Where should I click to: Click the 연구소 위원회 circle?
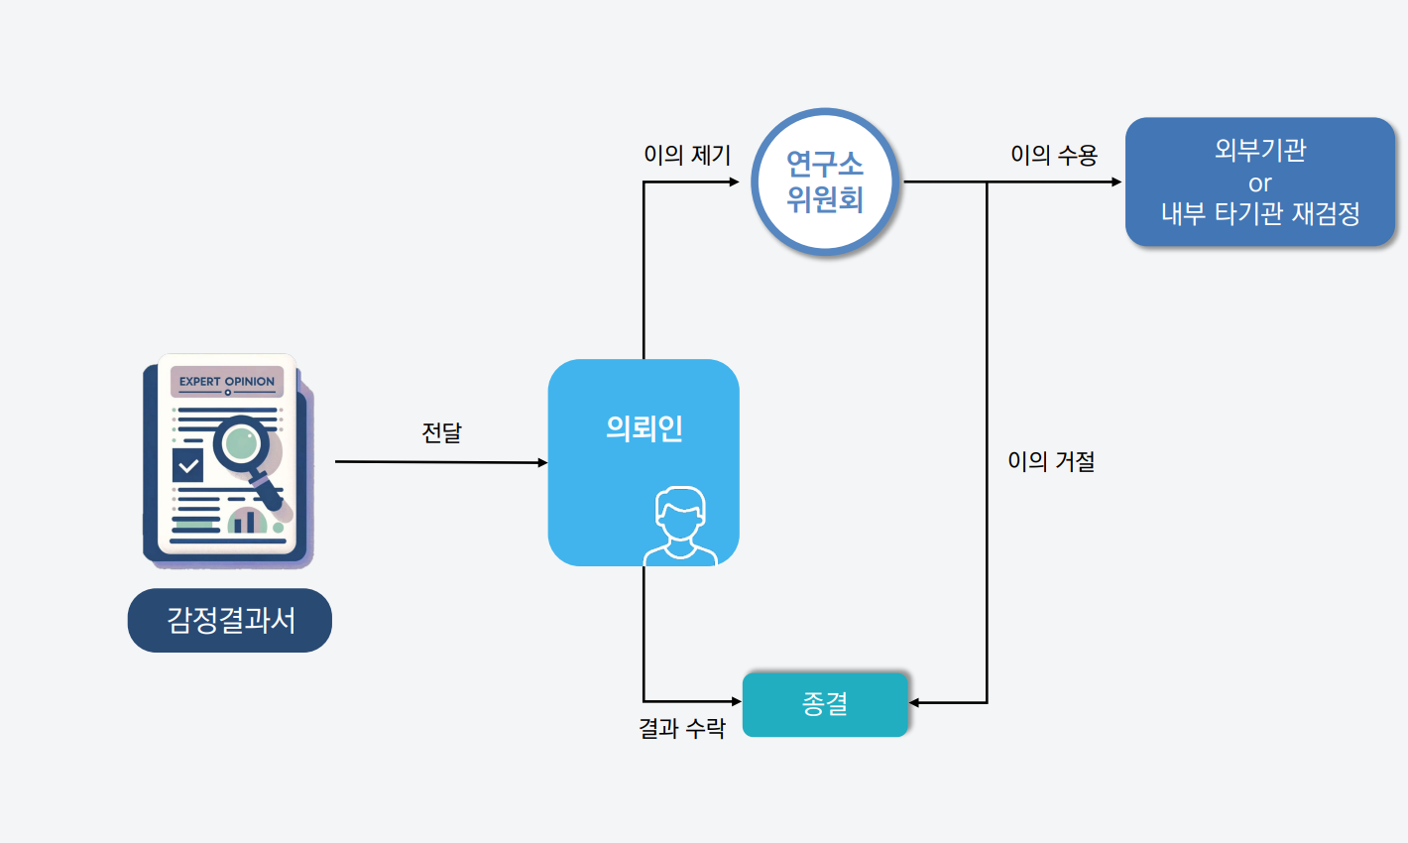(x=824, y=182)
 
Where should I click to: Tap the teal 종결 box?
(x=825, y=704)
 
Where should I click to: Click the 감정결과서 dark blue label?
(x=230, y=620)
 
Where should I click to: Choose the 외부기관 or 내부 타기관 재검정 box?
(x=1259, y=182)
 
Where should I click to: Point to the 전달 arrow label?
(x=441, y=432)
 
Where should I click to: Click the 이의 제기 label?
(x=686, y=155)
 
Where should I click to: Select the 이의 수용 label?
(x=1053, y=155)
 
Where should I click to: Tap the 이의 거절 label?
(x=1051, y=461)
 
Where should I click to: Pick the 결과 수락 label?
(x=682, y=729)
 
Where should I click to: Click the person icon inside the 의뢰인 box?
(x=680, y=526)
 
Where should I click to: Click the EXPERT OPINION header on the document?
(x=227, y=382)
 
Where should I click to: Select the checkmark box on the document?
(x=188, y=464)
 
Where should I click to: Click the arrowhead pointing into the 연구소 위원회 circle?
(x=735, y=181)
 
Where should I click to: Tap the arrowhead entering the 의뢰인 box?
(x=542, y=462)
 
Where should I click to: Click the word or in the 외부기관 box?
(x=1259, y=183)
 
